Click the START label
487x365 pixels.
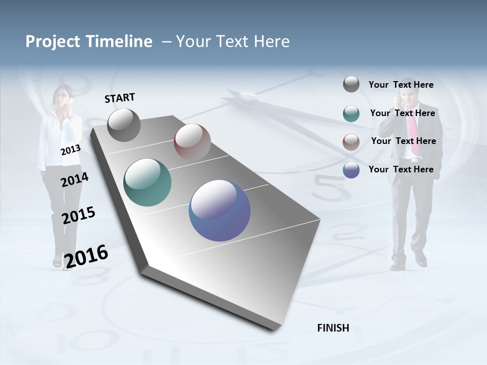coord(120,98)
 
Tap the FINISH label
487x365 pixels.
coord(333,328)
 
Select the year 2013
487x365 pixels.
coord(71,150)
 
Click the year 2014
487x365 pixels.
coord(75,179)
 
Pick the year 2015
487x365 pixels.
coord(78,215)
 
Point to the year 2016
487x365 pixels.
coord(86,256)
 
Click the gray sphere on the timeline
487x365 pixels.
coord(124,125)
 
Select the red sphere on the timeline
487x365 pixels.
coord(192,141)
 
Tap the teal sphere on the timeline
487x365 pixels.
coord(147,182)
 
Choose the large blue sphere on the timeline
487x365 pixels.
coord(220,210)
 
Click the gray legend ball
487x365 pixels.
coord(351,84)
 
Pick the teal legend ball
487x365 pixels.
coord(351,114)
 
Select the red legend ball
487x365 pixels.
coord(351,142)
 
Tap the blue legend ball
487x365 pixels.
coord(351,170)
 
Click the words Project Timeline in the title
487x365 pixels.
coord(89,42)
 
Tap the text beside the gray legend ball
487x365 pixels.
coord(401,85)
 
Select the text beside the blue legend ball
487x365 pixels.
coord(401,169)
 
